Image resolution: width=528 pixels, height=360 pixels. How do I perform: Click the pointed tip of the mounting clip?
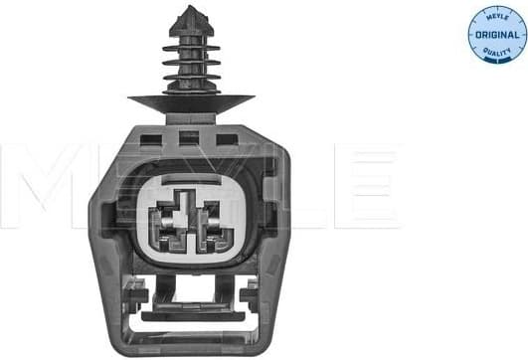tap(189, 10)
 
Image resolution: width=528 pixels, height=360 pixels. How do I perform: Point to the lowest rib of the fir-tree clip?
tap(189, 80)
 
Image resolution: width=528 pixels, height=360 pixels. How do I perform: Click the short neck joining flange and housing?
tap(189, 117)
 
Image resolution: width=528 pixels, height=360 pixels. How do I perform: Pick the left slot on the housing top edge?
tap(149, 139)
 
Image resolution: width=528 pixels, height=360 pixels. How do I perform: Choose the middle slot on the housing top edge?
tap(189, 139)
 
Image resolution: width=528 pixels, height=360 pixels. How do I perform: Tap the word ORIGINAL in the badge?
tap(496, 34)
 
